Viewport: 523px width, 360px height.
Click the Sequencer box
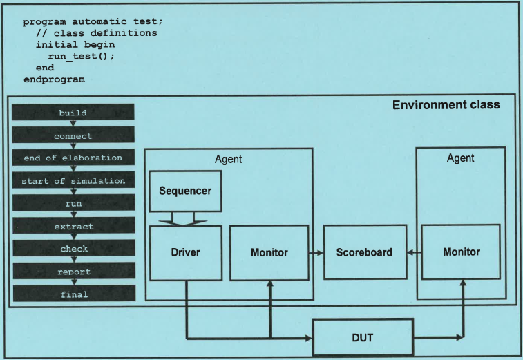pos(185,191)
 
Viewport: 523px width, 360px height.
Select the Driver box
pos(185,252)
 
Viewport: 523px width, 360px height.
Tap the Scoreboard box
pos(364,252)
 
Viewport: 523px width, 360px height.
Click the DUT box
pos(363,337)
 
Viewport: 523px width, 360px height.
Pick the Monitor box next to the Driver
pos(269,252)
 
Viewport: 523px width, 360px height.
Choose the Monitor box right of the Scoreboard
pos(461,252)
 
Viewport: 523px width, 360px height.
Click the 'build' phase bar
pos(73,113)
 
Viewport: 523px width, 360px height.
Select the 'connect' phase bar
pos(73,135)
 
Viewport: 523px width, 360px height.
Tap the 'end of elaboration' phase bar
pos(73,158)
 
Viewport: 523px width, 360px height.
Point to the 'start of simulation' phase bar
pos(73,181)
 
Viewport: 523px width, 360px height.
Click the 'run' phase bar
pos(73,203)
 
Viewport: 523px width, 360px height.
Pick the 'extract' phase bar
pos(73,226)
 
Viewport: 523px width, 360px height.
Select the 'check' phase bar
pos(73,249)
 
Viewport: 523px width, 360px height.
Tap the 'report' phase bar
pos(73,272)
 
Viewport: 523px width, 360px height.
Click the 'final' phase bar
pos(73,294)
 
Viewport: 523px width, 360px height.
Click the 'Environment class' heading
pos(446,105)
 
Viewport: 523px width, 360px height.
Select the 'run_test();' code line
pos(81,56)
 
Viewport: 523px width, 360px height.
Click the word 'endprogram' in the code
pos(54,79)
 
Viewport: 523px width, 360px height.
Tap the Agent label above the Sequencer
pos(229,159)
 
